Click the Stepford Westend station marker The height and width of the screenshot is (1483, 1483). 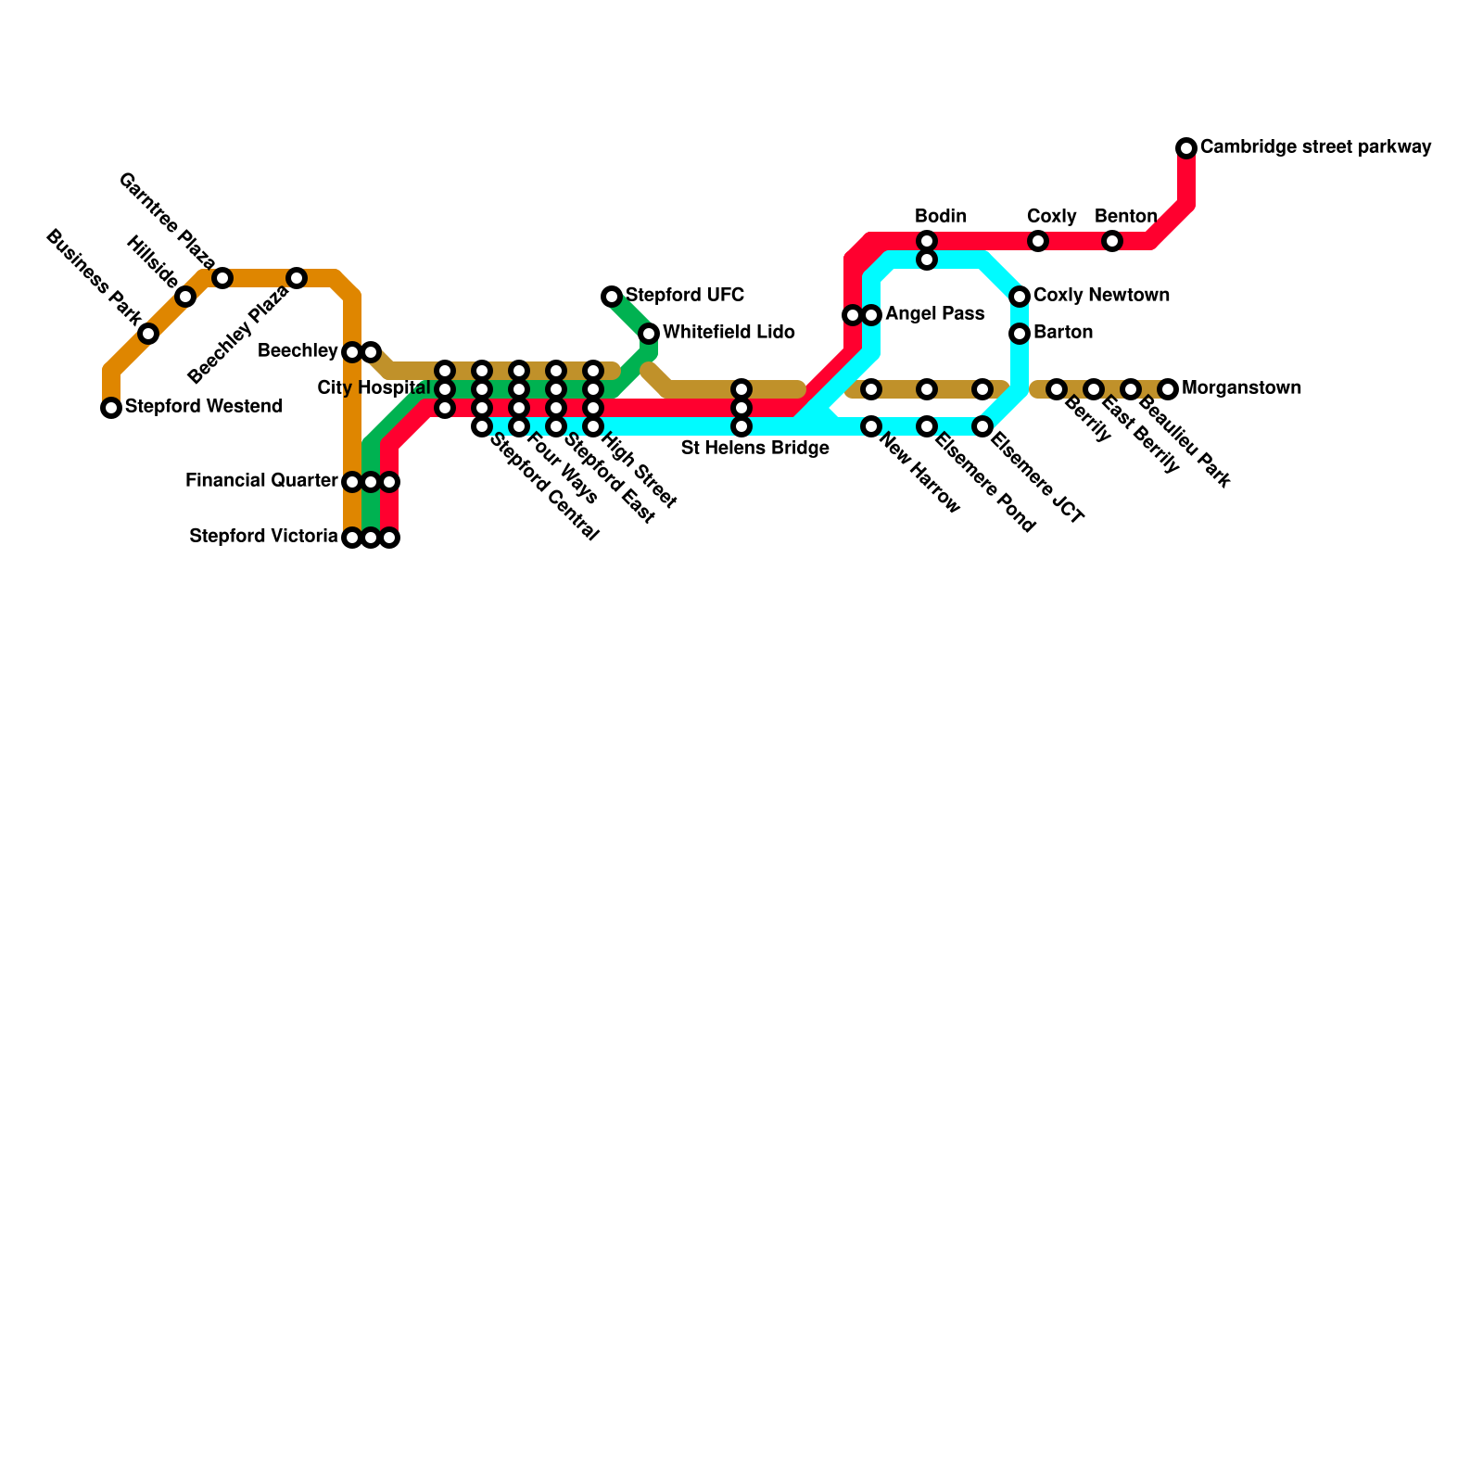coord(111,408)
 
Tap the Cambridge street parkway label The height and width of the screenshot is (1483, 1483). coord(1315,147)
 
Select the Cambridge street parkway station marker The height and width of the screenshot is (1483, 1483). coord(1186,148)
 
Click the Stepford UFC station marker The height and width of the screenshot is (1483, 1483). coord(612,297)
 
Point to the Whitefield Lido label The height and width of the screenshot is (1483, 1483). coord(729,333)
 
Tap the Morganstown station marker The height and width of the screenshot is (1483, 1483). coord(1168,389)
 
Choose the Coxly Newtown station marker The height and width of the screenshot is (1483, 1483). coord(1020,297)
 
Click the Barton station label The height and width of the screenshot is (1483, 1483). coord(1063,333)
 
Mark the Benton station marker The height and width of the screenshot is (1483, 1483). coord(1112,241)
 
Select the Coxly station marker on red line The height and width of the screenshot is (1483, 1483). coord(1038,241)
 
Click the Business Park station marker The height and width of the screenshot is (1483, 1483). coord(148,334)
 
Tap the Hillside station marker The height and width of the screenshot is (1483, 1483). coord(185,297)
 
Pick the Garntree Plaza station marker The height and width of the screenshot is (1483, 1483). coord(222,278)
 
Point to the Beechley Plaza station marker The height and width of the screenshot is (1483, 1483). coord(297,278)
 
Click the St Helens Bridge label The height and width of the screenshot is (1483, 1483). coord(754,450)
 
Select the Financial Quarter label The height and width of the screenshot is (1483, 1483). coord(261,481)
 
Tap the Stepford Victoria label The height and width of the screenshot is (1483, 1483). coord(263,537)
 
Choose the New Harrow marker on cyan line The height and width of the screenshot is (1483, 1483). coord(871,426)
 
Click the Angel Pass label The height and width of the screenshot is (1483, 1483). coord(934,314)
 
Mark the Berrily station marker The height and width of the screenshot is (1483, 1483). coord(1057,389)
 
